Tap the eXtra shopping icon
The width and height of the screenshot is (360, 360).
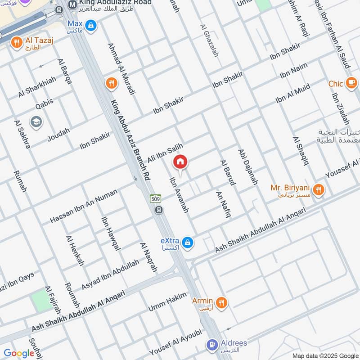click(x=188, y=243)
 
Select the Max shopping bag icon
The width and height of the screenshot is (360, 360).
click(x=91, y=26)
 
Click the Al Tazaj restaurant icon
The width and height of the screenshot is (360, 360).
click(x=17, y=43)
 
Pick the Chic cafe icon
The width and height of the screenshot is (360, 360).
click(x=351, y=83)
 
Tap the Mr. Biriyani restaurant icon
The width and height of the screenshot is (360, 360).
click(x=319, y=190)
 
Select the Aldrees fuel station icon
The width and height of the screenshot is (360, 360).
click(x=211, y=346)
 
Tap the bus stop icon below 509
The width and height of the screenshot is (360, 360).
click(x=158, y=210)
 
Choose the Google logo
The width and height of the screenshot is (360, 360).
click(x=19, y=353)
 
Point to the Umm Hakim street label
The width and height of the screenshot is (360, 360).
click(x=167, y=302)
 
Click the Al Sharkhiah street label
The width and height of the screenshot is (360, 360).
click(x=37, y=87)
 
